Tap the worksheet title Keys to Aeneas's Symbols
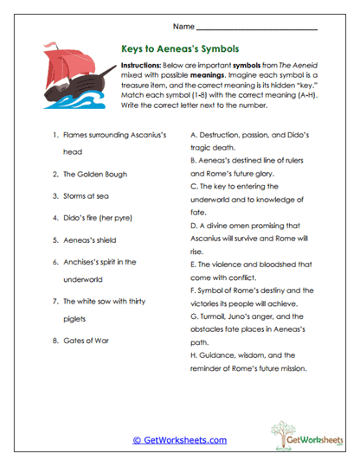coord(180,49)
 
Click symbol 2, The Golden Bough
coord(95,174)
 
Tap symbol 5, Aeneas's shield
coord(93,239)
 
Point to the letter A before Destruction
coord(191,136)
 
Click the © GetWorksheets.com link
coord(179,440)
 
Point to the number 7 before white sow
coord(55,301)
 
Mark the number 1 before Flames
coord(55,136)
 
